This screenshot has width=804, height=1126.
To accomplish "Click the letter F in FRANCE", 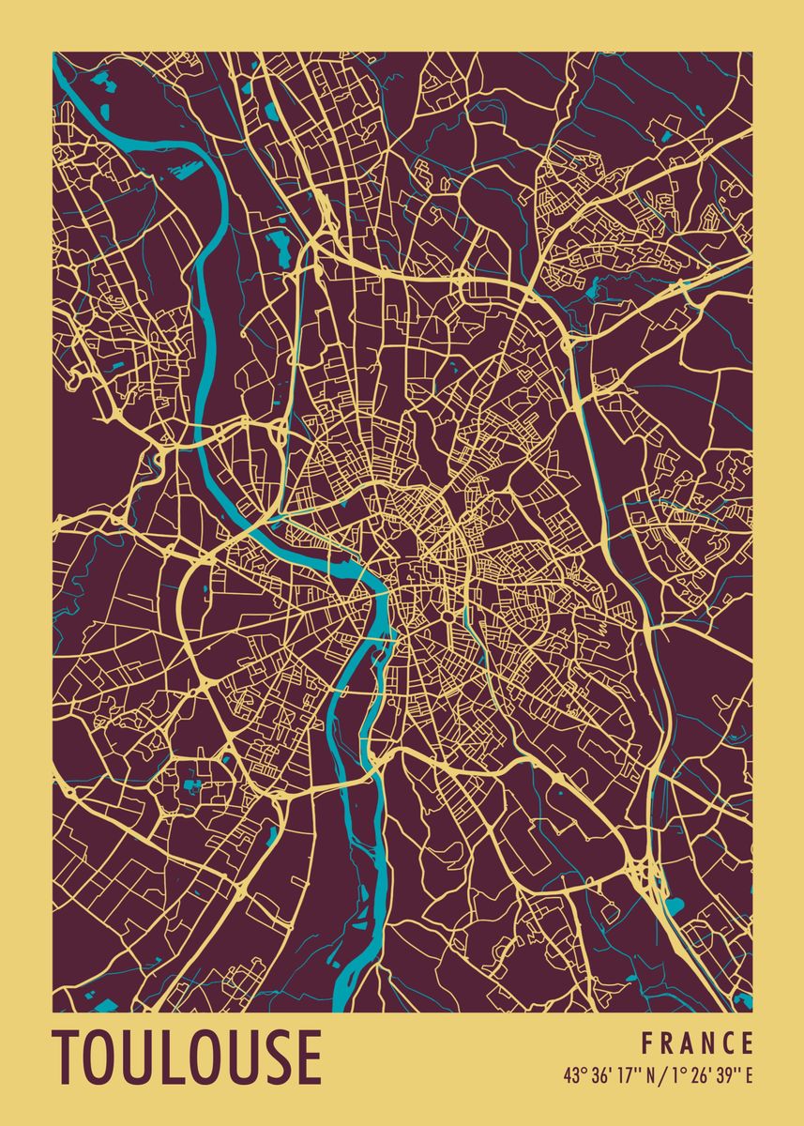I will (647, 1043).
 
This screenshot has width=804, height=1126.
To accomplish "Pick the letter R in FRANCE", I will (668, 1043).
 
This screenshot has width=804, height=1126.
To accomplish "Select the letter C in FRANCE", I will (729, 1043).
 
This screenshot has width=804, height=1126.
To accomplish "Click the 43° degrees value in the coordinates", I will (573, 1075).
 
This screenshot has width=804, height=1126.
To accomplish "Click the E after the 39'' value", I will (748, 1075).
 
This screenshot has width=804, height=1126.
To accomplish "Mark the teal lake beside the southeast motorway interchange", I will (675, 906).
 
